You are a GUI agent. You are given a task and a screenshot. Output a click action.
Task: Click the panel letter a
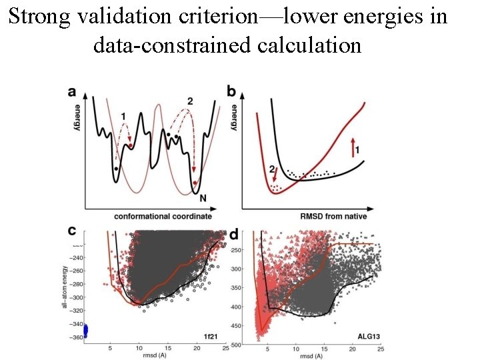(71, 91)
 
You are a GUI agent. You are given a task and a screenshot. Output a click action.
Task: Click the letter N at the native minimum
(203, 198)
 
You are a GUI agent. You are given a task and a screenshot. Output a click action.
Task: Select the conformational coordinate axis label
(163, 216)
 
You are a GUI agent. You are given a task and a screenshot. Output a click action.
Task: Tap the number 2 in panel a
(190, 101)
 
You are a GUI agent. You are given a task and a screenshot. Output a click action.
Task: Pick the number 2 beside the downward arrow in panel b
(271, 170)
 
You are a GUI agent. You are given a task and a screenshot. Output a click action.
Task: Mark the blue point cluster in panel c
(85, 331)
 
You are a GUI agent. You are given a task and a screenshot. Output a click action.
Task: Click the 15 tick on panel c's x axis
(167, 348)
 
